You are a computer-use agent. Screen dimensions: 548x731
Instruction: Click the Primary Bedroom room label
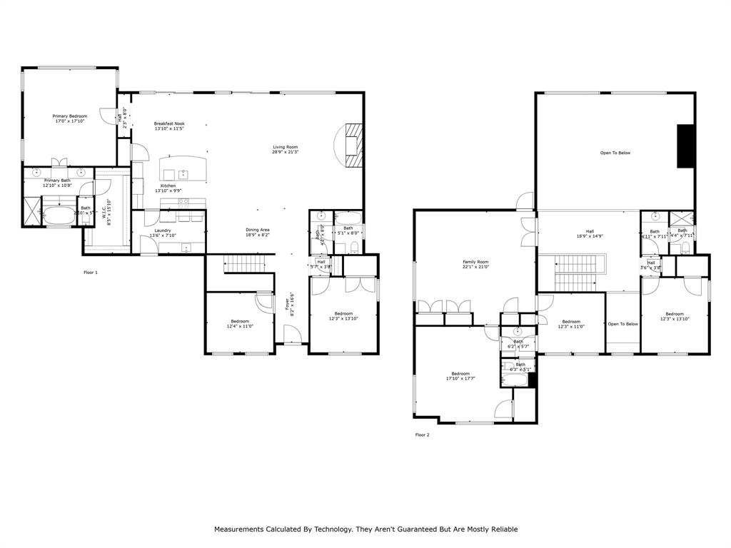pyautogui.click(x=70, y=118)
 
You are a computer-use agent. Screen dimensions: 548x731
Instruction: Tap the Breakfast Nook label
pyautogui.click(x=169, y=126)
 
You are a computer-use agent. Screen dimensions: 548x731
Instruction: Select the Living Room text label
pyautogui.click(x=285, y=149)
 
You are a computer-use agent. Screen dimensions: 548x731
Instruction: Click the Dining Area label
pyautogui.click(x=258, y=232)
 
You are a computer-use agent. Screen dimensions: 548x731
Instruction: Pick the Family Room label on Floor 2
pyautogui.click(x=475, y=264)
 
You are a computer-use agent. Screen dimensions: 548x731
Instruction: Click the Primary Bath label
pyautogui.click(x=56, y=183)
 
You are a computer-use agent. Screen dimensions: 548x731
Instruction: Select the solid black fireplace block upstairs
pyautogui.click(x=686, y=146)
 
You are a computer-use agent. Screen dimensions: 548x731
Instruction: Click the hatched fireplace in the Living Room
pyautogui.click(x=353, y=145)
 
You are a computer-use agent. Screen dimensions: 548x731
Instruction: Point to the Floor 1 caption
pyautogui.click(x=91, y=273)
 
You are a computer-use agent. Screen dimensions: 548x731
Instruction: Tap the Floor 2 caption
pyautogui.click(x=422, y=434)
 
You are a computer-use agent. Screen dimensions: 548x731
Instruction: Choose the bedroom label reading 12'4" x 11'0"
pyautogui.click(x=240, y=323)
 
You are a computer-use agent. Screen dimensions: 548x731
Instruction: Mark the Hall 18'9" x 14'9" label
pyautogui.click(x=590, y=233)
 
